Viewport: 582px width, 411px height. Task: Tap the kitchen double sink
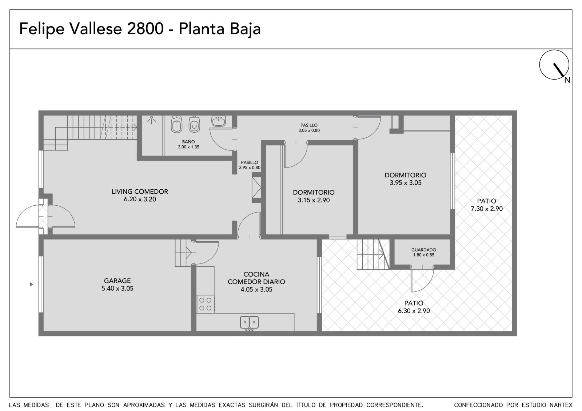(249, 322)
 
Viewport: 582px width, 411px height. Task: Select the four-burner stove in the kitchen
(205, 304)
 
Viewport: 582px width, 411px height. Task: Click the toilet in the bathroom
(194, 124)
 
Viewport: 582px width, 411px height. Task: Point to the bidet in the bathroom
(177, 124)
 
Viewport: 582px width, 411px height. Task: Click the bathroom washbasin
(219, 121)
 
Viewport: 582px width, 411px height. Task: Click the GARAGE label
(117, 281)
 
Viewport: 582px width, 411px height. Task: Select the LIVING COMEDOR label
(140, 192)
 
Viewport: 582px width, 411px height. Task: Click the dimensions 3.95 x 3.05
(405, 183)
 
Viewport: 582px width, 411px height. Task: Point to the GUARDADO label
(423, 250)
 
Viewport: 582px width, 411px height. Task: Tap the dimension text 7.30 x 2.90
(487, 209)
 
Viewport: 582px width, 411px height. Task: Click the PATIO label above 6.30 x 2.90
(414, 303)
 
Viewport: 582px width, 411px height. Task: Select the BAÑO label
(188, 142)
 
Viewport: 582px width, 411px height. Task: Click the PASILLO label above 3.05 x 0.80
(309, 125)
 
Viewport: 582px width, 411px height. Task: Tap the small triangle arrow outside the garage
(31, 284)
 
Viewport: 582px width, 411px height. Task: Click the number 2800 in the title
(145, 29)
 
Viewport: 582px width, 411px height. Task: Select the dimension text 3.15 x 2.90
(314, 200)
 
